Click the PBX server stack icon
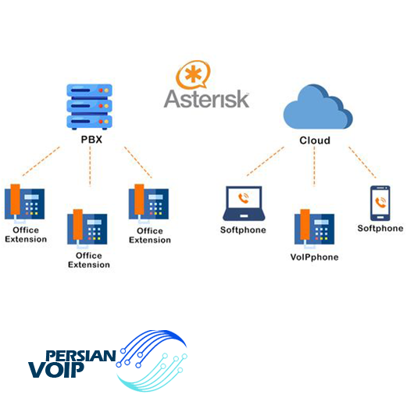89,107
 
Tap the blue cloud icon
318,107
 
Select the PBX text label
91,140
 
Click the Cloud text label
315,140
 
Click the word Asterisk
206,99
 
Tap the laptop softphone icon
244,203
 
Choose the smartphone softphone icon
380,203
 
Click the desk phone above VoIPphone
314,228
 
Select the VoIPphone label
314,258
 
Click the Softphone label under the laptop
243,230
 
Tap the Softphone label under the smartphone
380,229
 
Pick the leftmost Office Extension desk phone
24,203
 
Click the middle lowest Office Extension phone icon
87,228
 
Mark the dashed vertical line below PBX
90,166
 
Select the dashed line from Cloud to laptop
266,162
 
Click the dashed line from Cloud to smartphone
362,162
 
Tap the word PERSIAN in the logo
80,356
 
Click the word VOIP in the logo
56,370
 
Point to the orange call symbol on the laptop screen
244,198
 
